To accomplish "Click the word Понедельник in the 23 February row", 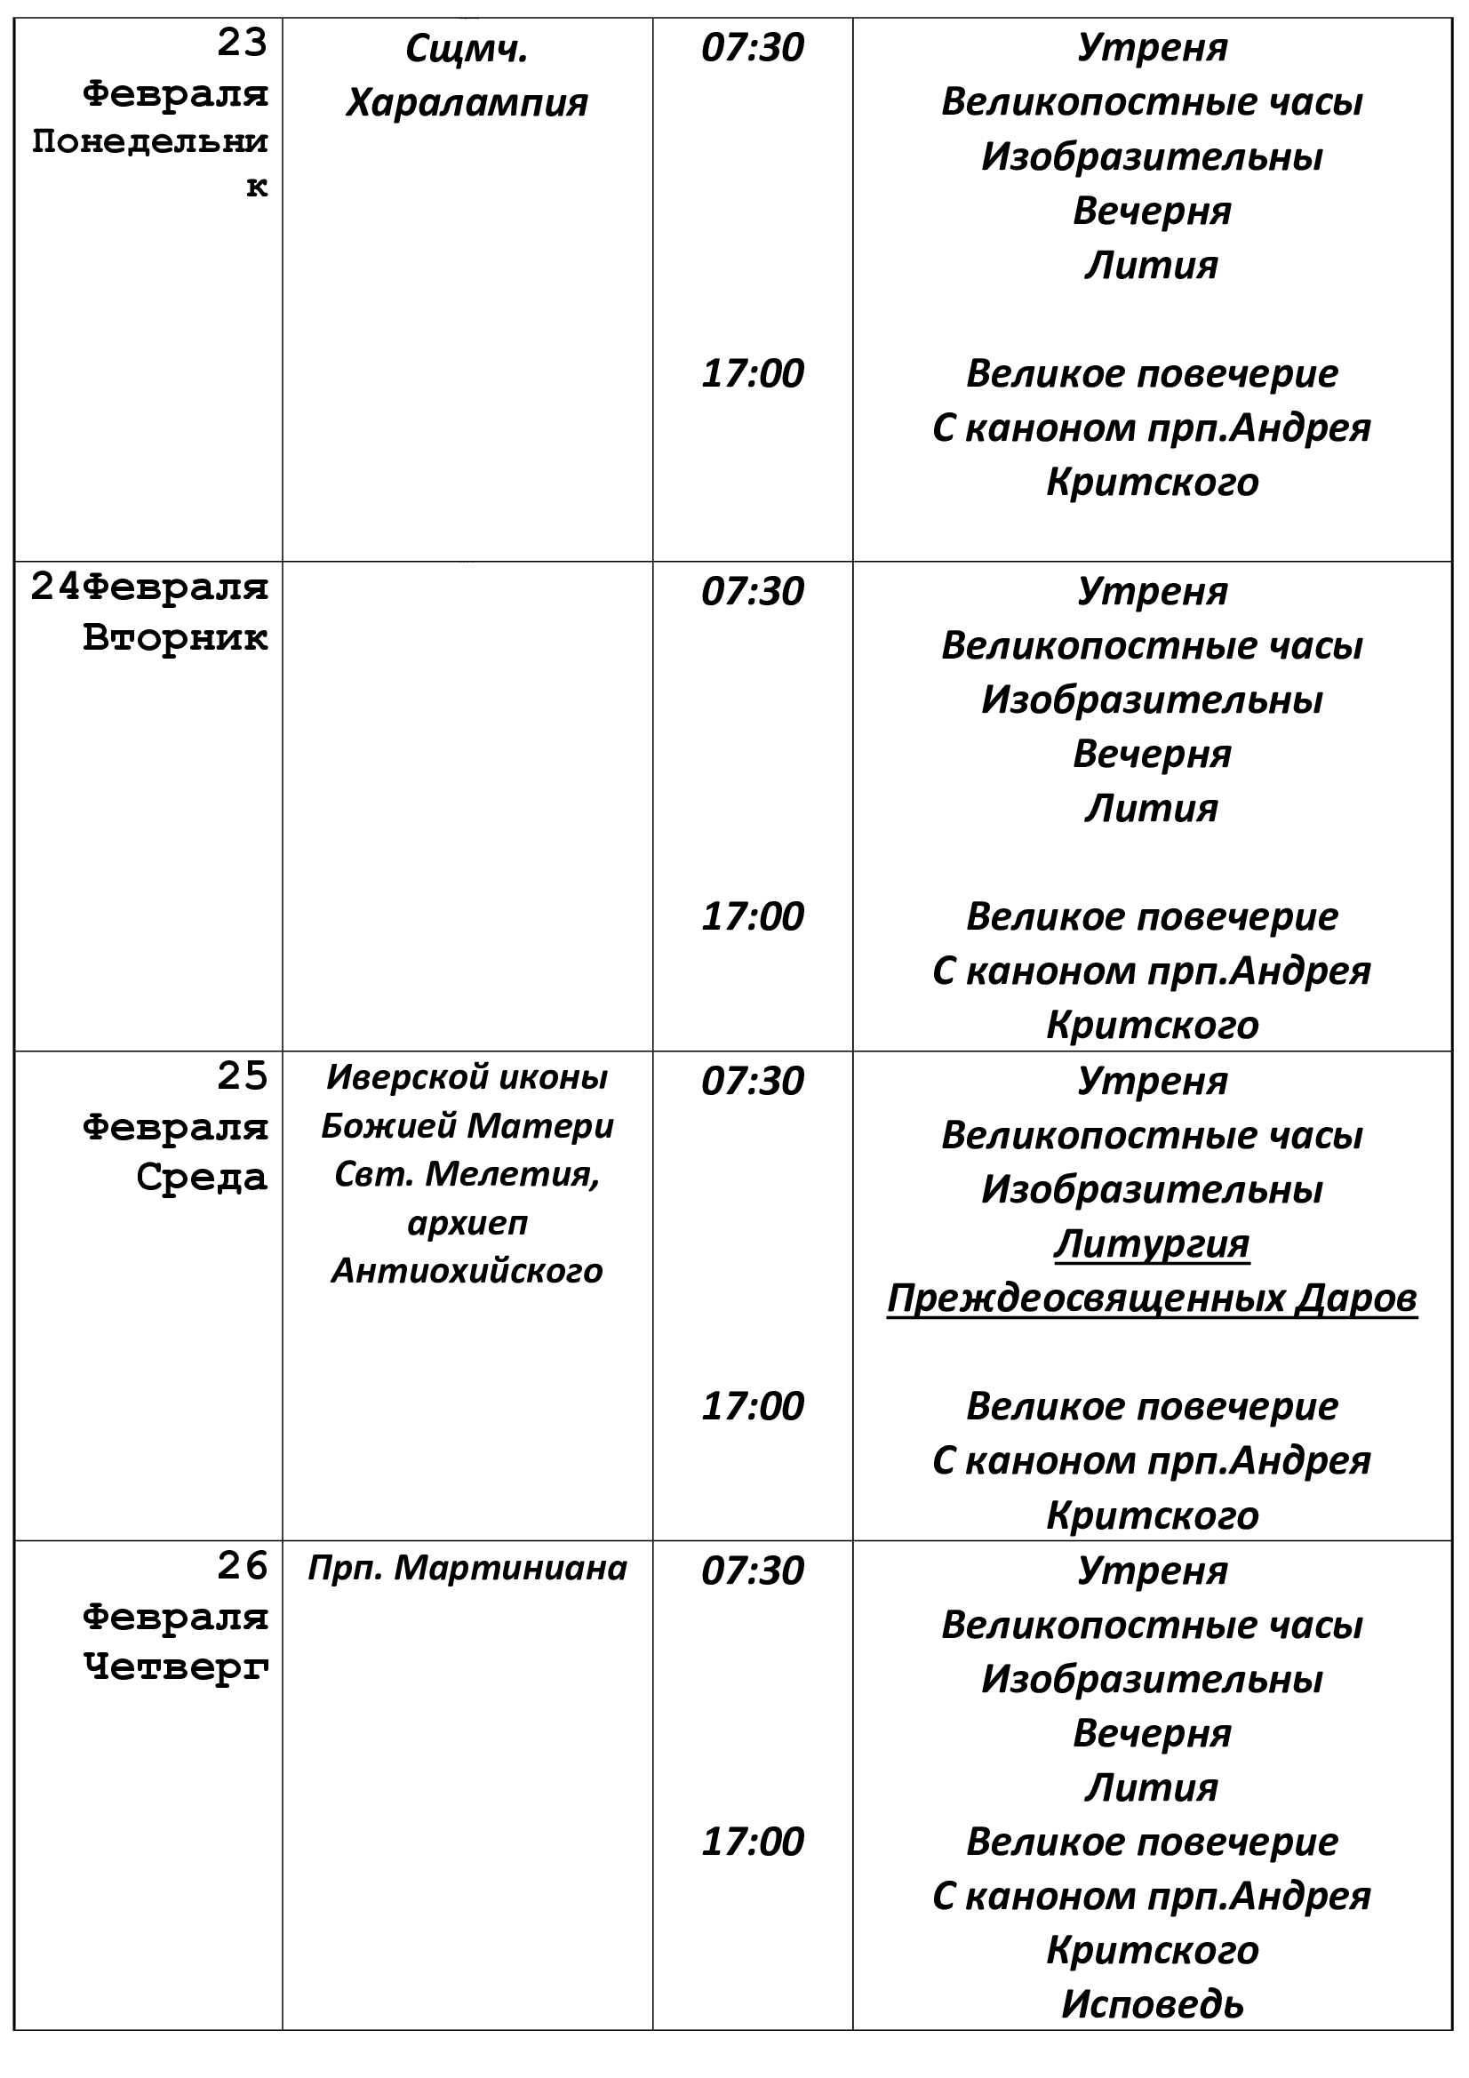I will pyautogui.click(x=150, y=143).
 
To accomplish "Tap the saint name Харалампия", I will pyautogui.click(x=467, y=103).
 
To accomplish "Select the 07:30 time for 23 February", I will pyautogui.click(x=752, y=48).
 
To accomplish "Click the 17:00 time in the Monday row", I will pyautogui.click(x=752, y=374).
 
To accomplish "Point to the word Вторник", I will pyautogui.click(x=176, y=638).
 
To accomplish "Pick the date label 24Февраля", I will pyautogui.click(x=150, y=588).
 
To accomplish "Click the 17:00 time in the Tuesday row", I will pyautogui.click(x=752, y=917).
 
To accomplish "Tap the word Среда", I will pyautogui.click(x=202, y=1178).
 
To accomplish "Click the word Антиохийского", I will pyautogui.click(x=467, y=1271).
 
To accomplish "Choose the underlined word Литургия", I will pyautogui.click(x=1152, y=1243).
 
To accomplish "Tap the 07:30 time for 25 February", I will pyautogui.click(x=752, y=1082).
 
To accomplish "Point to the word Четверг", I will pyautogui.click(x=176, y=1666).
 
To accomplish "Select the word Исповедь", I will pyautogui.click(x=1153, y=2005).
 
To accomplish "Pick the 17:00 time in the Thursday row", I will pyautogui.click(x=752, y=1842).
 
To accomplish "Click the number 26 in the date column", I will pyautogui.click(x=243, y=1567).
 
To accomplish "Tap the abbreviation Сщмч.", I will pyautogui.click(x=467, y=49).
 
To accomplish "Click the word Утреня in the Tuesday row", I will pyautogui.click(x=1153, y=591).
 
